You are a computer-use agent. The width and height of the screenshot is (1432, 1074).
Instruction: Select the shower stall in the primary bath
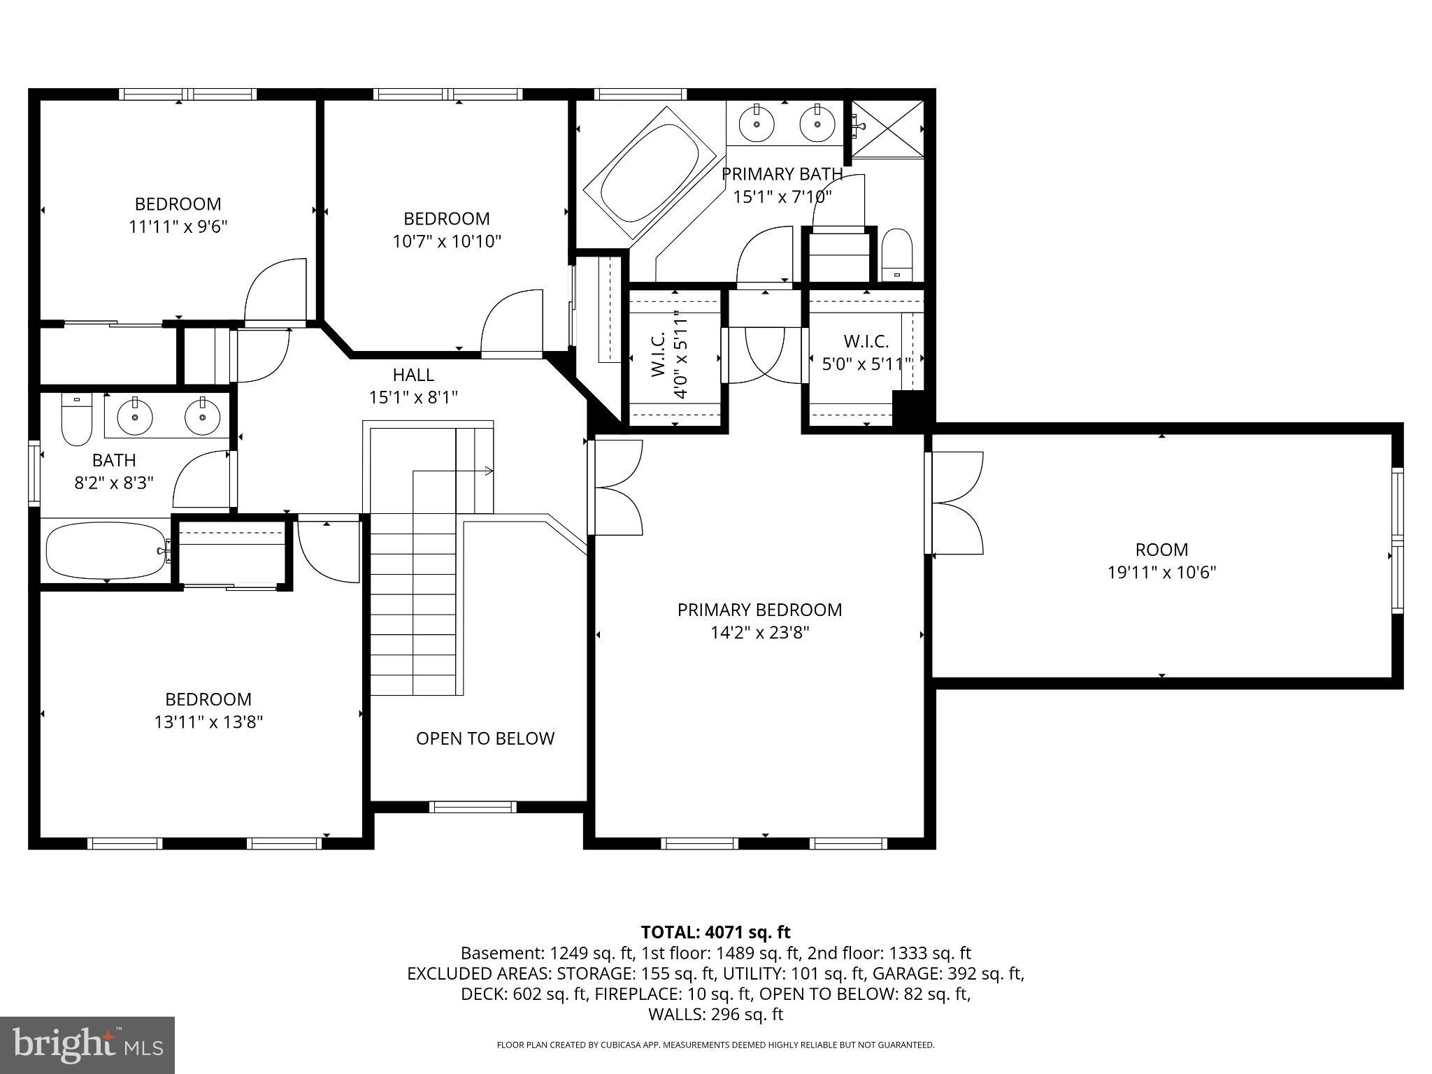(887, 129)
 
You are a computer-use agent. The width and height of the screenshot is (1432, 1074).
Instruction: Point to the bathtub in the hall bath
(107, 550)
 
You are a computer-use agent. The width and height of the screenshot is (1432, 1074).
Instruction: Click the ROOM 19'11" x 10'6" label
(1161, 561)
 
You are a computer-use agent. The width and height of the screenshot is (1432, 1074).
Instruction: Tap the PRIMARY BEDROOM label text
(759, 610)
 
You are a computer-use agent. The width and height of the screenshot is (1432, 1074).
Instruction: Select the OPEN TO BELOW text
(485, 738)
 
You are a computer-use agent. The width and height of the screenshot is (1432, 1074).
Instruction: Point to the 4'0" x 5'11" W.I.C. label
(670, 353)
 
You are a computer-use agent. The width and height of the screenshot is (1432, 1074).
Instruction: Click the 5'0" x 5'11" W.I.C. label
(866, 352)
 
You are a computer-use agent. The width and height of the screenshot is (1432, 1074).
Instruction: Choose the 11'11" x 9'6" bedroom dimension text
(178, 227)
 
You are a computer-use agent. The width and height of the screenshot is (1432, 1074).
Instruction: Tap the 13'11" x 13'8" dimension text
(208, 722)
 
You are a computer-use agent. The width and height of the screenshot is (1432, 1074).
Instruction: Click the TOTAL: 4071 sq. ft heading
(715, 932)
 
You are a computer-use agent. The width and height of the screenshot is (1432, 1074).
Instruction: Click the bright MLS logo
(87, 1045)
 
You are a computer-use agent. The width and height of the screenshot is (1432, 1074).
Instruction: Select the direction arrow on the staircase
(453, 471)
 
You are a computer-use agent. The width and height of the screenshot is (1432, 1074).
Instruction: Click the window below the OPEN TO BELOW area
(472, 807)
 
